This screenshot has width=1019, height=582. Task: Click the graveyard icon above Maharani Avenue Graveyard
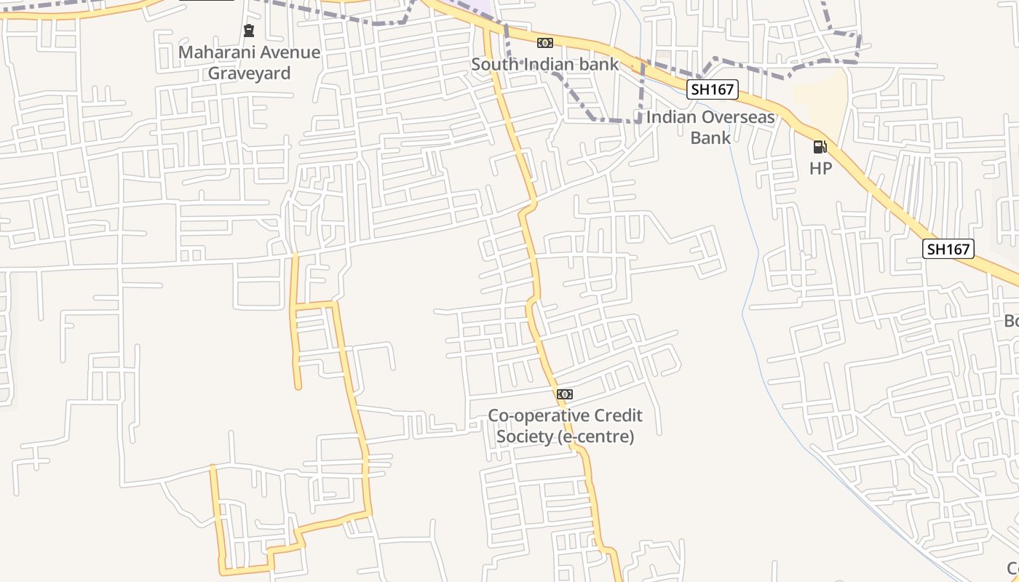coord(249,31)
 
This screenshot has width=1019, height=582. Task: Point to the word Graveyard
coord(249,73)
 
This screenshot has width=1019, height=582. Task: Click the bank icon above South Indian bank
coord(545,43)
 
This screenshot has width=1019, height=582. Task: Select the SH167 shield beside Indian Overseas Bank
coord(713,89)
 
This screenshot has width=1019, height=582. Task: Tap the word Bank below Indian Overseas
coord(710,137)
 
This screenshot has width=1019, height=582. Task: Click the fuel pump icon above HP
coord(820,147)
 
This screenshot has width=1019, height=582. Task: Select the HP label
coord(820,168)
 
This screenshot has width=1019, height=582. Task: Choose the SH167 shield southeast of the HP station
coord(948,249)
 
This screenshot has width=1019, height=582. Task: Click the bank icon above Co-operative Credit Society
coord(565,394)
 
